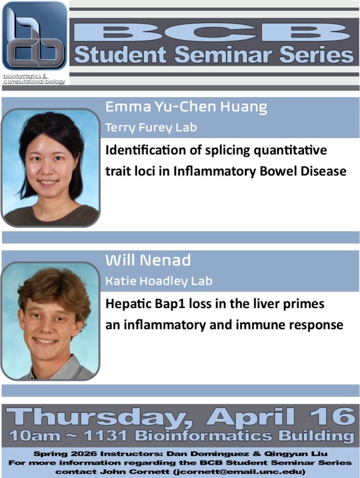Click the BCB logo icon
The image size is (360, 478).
tap(35, 36)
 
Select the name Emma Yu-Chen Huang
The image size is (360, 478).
tap(186, 107)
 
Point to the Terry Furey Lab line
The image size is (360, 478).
tap(151, 127)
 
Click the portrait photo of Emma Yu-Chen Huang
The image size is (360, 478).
tap(50, 168)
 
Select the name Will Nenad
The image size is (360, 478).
tap(148, 260)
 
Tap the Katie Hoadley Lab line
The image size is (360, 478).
tap(159, 281)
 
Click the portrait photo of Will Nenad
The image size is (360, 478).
tap(50, 321)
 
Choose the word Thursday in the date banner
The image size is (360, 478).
tap(98, 416)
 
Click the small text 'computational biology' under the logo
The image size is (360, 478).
tap(35, 82)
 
